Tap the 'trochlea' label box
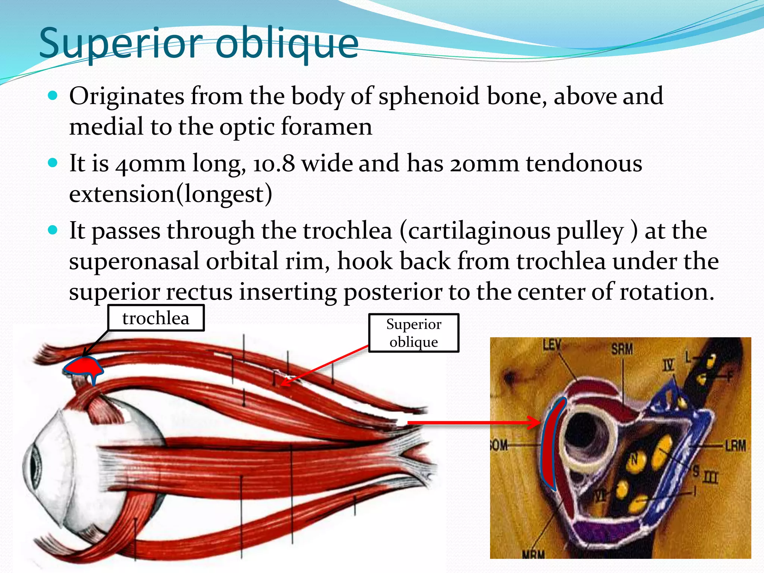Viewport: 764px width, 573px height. pyautogui.click(x=156, y=318)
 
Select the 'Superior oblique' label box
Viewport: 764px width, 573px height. pyautogui.click(x=414, y=333)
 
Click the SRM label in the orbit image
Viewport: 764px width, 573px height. pyautogui.click(x=622, y=349)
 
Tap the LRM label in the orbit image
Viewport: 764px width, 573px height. pyautogui.click(x=735, y=445)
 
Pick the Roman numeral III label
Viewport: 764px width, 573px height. pyautogui.click(x=711, y=477)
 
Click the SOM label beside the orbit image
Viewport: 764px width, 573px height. pyautogui.click(x=499, y=445)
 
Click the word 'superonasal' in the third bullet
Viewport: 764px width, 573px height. pyautogui.click(x=134, y=261)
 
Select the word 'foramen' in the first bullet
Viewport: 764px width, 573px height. pyautogui.click(x=326, y=127)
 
